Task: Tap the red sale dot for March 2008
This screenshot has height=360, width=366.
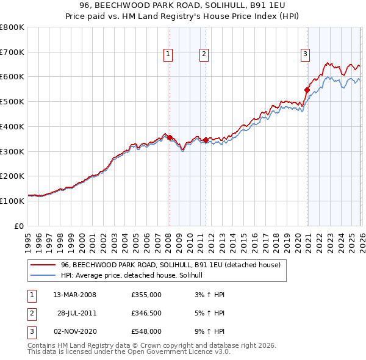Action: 170,137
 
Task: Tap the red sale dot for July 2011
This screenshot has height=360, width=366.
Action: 206,140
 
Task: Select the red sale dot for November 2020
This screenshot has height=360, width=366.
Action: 307,90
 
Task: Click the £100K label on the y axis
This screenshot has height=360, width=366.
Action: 12,201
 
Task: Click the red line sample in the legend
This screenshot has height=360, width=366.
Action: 43,265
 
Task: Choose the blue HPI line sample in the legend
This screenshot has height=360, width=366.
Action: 43,276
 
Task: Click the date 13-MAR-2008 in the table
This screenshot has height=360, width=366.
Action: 75,295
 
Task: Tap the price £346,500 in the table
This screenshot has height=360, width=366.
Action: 146,313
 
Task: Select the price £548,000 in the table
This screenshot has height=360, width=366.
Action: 146,331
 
